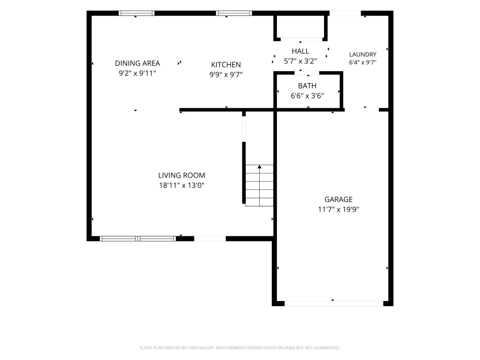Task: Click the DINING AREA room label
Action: point(137,63)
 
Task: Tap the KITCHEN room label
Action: point(226,65)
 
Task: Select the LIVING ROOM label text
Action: point(181,175)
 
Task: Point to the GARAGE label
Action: point(338,200)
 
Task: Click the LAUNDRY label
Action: point(363,54)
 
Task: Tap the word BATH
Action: point(307,86)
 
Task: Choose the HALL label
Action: point(300,51)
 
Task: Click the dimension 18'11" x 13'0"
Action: point(181,185)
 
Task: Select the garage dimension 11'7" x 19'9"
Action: point(338,210)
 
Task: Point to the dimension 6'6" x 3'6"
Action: point(307,96)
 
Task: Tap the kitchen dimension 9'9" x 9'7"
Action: point(226,75)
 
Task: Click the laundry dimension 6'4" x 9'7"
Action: point(363,62)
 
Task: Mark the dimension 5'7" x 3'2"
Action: point(300,61)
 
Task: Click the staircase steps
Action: point(259,186)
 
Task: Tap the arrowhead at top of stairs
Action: point(260,167)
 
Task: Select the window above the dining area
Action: point(136,13)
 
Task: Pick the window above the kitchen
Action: point(234,13)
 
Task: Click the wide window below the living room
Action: point(138,239)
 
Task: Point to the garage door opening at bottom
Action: point(334,304)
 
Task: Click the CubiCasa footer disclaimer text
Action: point(240,348)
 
